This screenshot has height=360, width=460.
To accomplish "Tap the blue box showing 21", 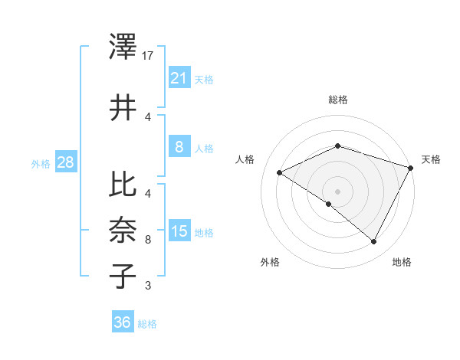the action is pyautogui.click(x=179, y=77).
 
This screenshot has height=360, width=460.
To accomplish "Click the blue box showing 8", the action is pyautogui.click(x=179, y=146).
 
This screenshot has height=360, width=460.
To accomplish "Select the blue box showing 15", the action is pyautogui.click(x=179, y=231).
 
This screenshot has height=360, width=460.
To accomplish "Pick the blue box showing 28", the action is pyautogui.click(x=65, y=162).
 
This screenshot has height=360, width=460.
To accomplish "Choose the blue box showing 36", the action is pyautogui.click(x=123, y=322).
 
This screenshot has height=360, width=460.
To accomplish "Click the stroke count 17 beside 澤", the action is pyautogui.click(x=149, y=56).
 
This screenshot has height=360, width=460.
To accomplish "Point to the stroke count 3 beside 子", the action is pyautogui.click(x=148, y=286).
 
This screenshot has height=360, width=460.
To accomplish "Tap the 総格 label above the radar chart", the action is pyautogui.click(x=337, y=100).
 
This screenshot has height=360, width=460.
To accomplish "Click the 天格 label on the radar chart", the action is pyautogui.click(x=431, y=159).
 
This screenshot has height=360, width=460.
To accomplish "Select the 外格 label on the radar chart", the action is pyautogui.click(x=270, y=262).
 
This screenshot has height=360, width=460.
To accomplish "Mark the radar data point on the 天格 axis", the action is pyautogui.click(x=411, y=167).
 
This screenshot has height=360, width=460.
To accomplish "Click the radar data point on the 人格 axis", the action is pyautogui.click(x=280, y=172).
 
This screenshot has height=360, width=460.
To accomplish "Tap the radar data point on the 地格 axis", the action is pyautogui.click(x=373, y=241).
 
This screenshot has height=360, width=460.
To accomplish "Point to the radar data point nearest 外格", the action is pyautogui.click(x=329, y=204).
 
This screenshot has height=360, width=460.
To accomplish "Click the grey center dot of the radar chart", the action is pyautogui.click(x=337, y=191).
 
